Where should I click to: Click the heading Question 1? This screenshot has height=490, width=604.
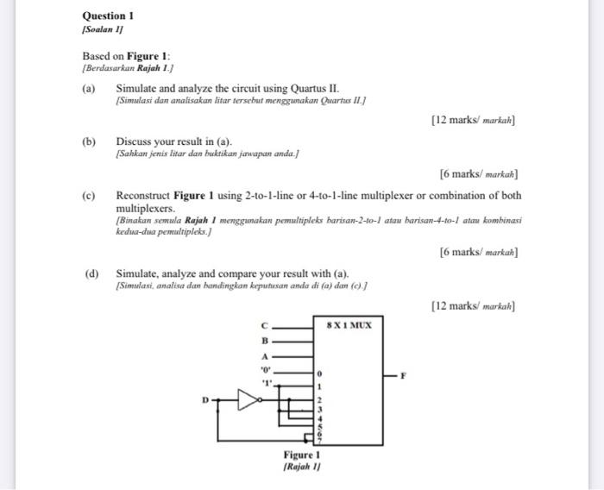[108, 16]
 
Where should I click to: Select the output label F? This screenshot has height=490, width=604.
[413, 375]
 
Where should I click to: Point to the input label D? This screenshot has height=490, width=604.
[205, 399]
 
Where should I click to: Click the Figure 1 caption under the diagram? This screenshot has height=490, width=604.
[301, 455]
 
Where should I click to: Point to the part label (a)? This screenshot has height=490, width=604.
[89, 89]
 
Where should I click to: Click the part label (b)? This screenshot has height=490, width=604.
[89, 141]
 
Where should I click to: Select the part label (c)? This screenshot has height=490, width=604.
[89, 195]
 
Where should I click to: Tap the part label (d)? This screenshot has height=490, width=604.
[91, 273]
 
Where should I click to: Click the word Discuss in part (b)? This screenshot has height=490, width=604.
[135, 141]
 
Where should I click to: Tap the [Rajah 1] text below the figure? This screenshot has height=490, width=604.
[301, 467]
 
